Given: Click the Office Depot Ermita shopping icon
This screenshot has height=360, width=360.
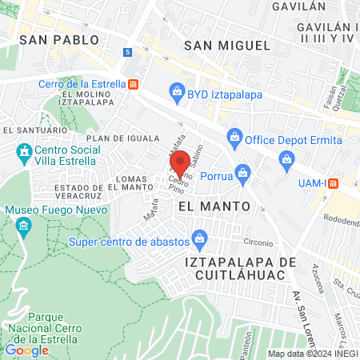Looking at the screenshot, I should click(234, 134).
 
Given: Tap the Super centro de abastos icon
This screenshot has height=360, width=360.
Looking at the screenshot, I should click(200, 238).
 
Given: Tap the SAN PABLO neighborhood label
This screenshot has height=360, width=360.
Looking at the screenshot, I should click(59, 39).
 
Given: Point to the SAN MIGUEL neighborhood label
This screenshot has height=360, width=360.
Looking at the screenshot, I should click(227, 46).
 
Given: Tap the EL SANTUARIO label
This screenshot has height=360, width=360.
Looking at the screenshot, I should click(34, 130).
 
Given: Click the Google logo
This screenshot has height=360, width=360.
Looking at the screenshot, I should click(26, 350).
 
